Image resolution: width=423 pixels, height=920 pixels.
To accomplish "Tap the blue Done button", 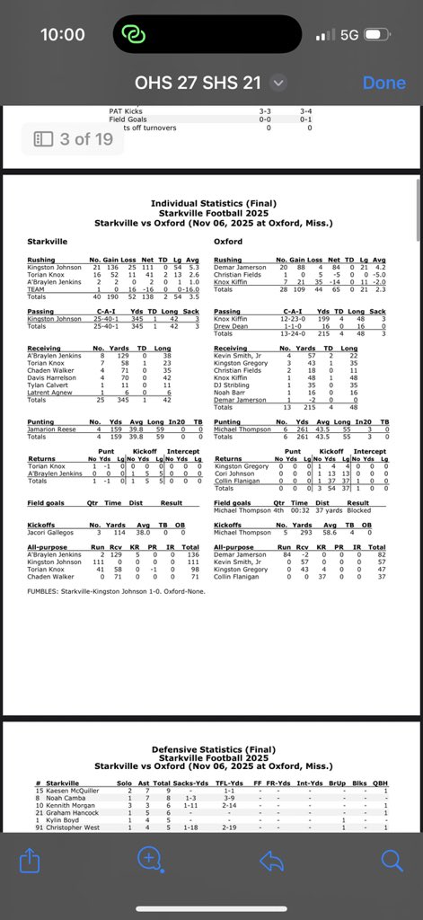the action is click(383, 83).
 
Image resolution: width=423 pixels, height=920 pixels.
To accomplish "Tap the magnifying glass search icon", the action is click(392, 861).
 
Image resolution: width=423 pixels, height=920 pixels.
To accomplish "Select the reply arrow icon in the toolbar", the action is click(270, 861).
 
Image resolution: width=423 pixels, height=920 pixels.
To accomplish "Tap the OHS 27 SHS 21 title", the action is click(198, 83).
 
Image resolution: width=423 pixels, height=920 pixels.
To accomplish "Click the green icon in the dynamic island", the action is click(133, 34).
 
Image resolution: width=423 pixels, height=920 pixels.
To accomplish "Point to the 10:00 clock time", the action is click(63, 34).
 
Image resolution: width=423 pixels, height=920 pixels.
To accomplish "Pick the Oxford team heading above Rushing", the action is click(228, 242).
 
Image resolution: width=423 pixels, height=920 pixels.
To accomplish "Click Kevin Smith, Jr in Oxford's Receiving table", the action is click(239, 355).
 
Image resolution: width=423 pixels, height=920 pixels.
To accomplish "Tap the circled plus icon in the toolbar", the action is click(149, 861).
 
